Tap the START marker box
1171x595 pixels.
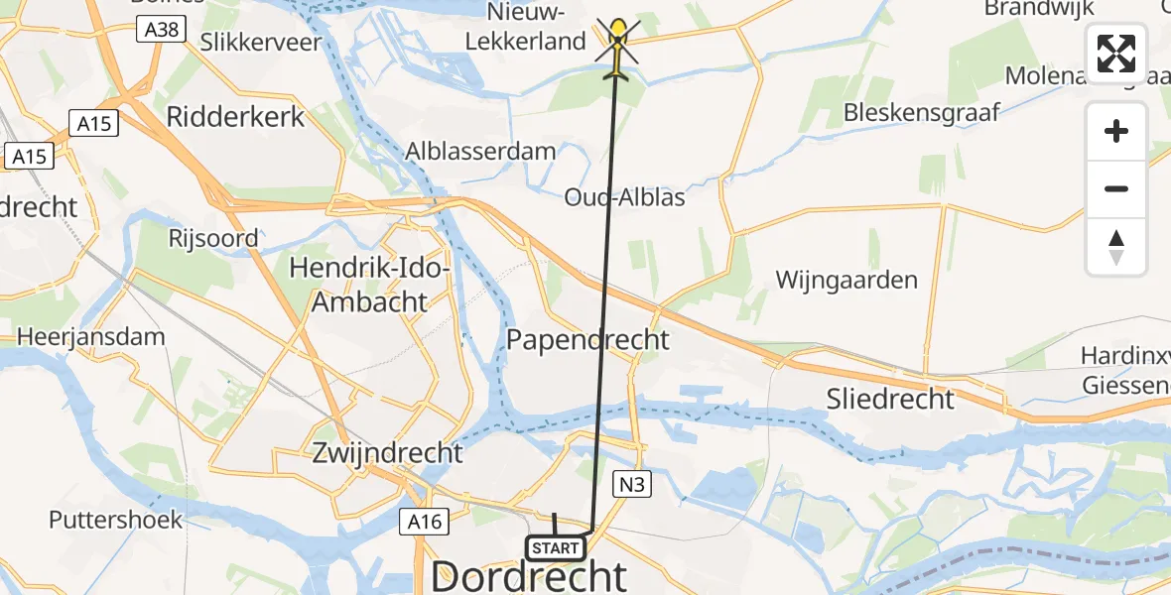(555, 548)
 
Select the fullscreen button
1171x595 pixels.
(1116, 54)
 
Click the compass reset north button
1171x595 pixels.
(1116, 247)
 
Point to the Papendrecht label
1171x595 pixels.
(587, 339)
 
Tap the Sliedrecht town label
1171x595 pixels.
(890, 399)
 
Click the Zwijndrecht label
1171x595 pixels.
(388, 453)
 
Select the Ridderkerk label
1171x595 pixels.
(236, 116)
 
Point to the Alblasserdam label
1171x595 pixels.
(480, 151)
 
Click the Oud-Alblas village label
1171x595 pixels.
(625, 196)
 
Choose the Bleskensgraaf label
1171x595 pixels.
(922, 113)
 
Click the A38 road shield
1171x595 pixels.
(161, 30)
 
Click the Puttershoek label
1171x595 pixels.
(116, 520)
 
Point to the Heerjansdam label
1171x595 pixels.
(90, 336)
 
